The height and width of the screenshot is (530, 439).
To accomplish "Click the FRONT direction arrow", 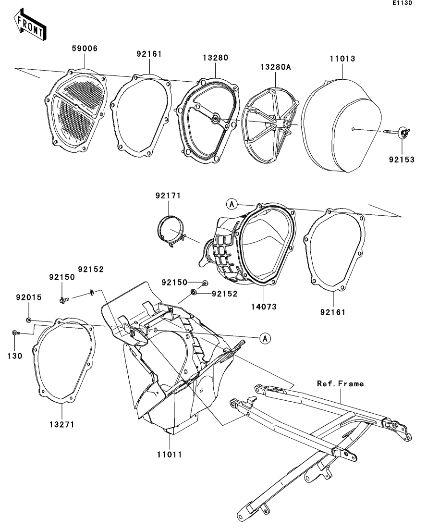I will (30, 27).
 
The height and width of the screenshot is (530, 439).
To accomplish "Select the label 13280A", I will (276, 68).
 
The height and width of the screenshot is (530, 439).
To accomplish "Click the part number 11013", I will (342, 59).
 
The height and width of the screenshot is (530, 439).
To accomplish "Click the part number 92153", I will (402, 159).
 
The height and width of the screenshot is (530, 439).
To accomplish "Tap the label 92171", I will (168, 196).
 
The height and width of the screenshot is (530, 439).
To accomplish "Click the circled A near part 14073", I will (232, 204).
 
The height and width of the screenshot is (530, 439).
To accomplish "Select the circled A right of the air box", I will (264, 338).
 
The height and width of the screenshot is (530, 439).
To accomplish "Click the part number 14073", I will (264, 306).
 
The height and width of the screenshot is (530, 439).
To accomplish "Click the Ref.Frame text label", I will (340, 383).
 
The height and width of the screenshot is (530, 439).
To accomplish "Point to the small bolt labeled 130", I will (15, 333).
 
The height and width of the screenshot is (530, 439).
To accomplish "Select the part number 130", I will (14, 357).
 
